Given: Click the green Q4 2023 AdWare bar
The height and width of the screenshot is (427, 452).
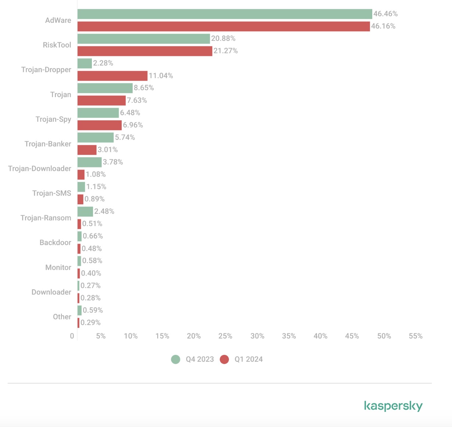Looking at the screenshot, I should [x=225, y=14].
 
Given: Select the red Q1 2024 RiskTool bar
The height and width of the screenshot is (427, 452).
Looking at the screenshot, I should [x=145, y=51].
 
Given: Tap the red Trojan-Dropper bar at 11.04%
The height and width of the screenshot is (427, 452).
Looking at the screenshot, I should [x=112, y=76].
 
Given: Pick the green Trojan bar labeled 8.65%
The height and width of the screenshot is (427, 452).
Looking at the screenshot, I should [x=105, y=88].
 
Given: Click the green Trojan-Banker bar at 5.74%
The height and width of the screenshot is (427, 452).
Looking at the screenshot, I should [x=96, y=137].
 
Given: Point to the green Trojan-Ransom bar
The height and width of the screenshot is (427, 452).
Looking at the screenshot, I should [x=85, y=211].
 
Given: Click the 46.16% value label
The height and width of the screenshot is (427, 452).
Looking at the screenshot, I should [x=383, y=26].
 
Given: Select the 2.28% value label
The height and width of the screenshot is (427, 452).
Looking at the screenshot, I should [x=103, y=63].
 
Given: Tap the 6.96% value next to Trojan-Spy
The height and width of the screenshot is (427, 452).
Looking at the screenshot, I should [x=133, y=125].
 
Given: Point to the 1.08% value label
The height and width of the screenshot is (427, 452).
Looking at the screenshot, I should [x=96, y=174].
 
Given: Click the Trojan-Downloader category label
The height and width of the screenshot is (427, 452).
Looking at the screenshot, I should [x=40, y=169].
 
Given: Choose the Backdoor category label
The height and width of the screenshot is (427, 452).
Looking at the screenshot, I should [x=55, y=243].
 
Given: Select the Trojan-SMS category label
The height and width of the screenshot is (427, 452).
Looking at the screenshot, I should [x=52, y=193].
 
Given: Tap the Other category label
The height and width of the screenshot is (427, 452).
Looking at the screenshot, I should [x=62, y=317].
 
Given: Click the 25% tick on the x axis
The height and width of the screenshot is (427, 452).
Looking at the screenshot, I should [x=225, y=336].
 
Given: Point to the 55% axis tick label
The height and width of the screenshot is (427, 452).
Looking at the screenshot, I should [x=416, y=336].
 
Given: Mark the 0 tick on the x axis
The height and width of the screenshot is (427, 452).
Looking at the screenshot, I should [x=72, y=336].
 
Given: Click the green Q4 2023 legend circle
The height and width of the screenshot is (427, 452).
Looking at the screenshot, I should [x=176, y=359].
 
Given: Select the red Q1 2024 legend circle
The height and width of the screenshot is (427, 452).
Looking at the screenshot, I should [x=224, y=359].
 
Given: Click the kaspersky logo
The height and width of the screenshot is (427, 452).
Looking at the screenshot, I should [x=393, y=406].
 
